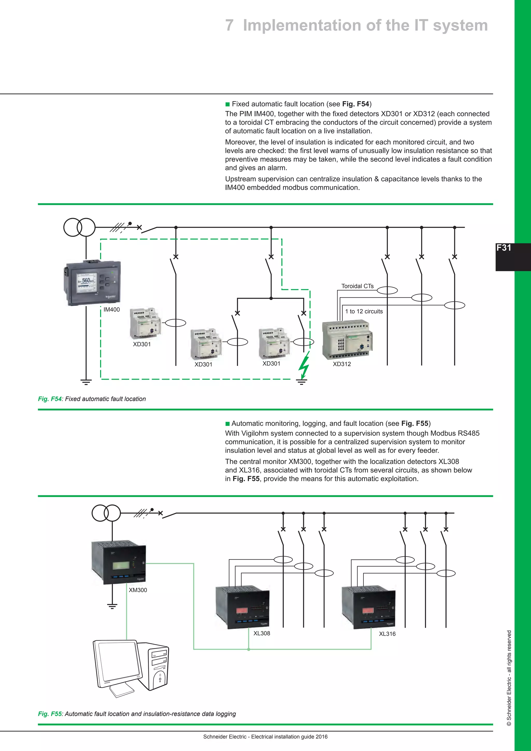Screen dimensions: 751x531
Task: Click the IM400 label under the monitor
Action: [x=111, y=309]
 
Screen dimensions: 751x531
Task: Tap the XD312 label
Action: [x=342, y=364]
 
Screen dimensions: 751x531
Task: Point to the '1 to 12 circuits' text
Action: [x=364, y=311]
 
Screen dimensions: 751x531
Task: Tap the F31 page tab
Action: [x=504, y=248]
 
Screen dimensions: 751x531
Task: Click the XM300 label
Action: [x=138, y=590]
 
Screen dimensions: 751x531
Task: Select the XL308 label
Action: [x=262, y=633]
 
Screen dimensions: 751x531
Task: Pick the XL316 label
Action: [x=387, y=634]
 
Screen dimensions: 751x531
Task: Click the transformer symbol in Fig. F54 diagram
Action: [x=79, y=227]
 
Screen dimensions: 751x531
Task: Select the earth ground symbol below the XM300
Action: [x=112, y=606]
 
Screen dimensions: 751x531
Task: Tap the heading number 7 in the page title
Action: [x=229, y=25]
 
